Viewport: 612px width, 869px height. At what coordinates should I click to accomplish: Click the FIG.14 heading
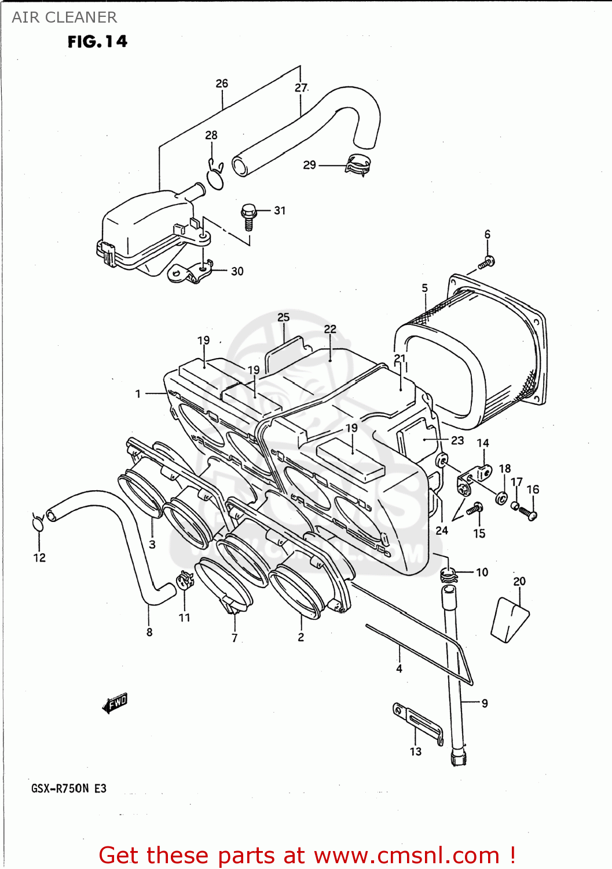[x=97, y=42]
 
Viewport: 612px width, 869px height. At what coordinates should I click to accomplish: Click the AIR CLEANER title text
[x=64, y=17]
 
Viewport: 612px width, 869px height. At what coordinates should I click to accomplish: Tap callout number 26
[x=222, y=83]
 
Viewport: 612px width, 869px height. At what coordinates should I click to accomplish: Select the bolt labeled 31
[x=248, y=215]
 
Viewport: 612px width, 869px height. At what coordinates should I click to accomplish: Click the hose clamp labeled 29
[x=358, y=165]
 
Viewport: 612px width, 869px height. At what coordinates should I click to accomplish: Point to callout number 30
[x=237, y=271]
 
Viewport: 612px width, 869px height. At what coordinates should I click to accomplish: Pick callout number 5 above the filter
[x=425, y=288]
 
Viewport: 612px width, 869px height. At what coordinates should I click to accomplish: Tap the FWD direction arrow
[x=115, y=703]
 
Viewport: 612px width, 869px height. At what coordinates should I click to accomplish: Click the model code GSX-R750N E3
[x=69, y=788]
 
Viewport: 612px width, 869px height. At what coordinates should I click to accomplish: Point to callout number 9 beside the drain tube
[x=485, y=703]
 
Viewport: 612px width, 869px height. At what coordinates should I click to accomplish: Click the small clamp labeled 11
[x=185, y=580]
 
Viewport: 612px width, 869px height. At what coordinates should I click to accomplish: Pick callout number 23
[x=457, y=440]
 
